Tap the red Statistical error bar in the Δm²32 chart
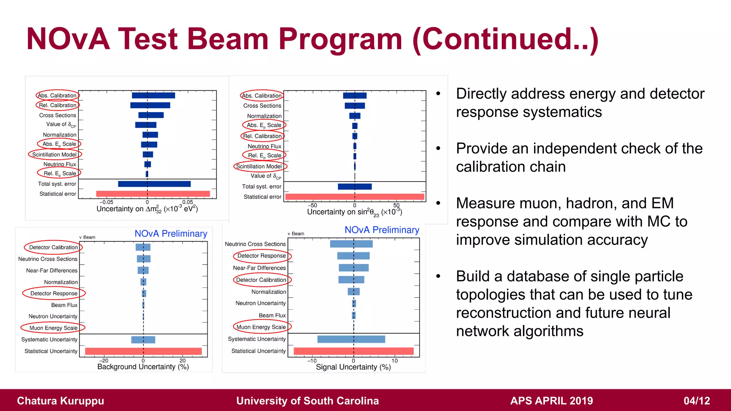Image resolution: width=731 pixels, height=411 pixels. click(153, 194)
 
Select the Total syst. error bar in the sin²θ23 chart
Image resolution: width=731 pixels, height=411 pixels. click(354, 187)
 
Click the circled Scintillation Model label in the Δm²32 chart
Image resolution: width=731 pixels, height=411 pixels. click(55, 154)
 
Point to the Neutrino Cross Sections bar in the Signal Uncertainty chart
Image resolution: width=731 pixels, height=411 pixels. click(351, 244)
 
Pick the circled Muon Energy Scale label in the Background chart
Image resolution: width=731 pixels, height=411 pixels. click(53, 328)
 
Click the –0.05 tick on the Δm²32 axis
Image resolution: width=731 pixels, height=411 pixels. click(106, 202)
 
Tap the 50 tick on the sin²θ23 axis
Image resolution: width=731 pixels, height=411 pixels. click(396, 205)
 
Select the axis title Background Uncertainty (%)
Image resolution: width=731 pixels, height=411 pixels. click(143, 367)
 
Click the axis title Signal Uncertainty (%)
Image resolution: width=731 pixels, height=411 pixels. click(353, 367)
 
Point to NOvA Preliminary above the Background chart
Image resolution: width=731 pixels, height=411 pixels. click(171, 234)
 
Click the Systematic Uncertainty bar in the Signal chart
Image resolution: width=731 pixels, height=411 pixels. click(351, 339)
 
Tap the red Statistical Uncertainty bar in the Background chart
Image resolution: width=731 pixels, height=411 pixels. click(143, 351)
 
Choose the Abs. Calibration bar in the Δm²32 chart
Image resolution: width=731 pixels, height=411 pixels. click(153, 95)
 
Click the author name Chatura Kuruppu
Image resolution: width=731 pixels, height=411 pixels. click(60, 401)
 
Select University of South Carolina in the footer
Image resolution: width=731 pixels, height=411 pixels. click(307, 401)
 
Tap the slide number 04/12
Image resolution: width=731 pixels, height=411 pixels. click(696, 401)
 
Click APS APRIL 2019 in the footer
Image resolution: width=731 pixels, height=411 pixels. click(551, 401)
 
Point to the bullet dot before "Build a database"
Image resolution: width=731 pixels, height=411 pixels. click(438, 276)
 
